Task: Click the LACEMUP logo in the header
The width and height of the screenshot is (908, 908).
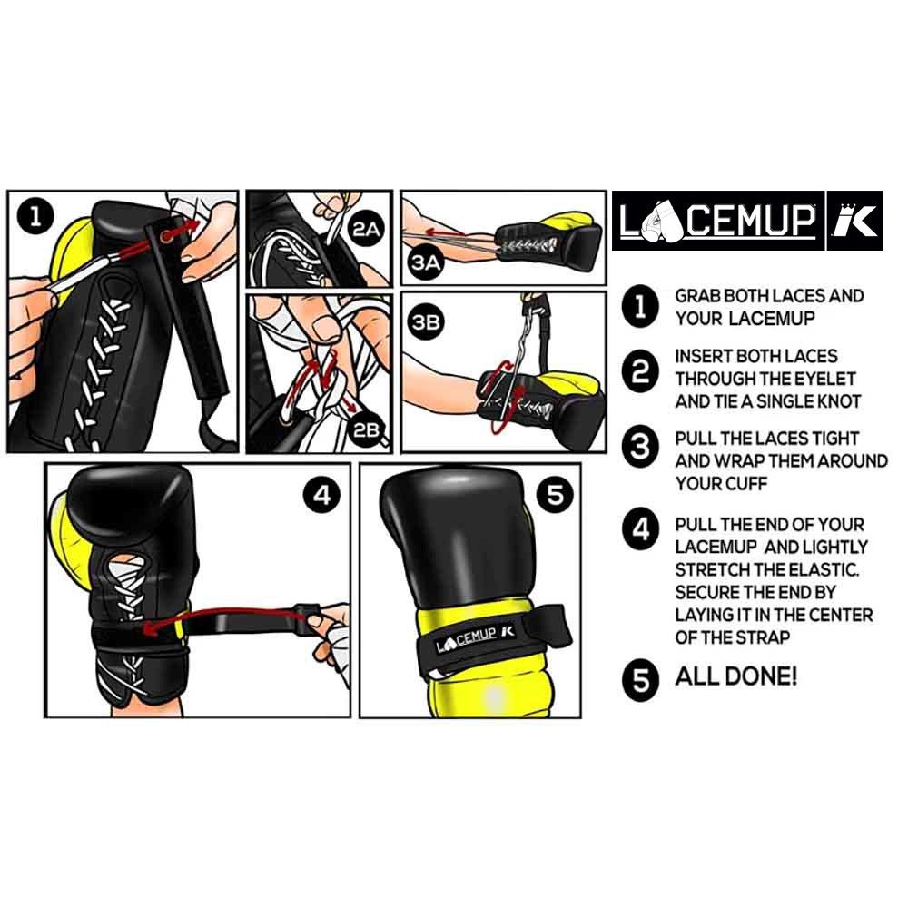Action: click(x=717, y=220)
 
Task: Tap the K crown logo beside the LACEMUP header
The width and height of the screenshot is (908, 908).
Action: click(x=854, y=220)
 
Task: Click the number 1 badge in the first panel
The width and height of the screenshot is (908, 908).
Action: click(x=34, y=216)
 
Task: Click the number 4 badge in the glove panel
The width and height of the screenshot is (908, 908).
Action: click(x=325, y=495)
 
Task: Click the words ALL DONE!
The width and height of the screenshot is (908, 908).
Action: click(x=736, y=676)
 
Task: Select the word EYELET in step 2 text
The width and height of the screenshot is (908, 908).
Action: click(x=826, y=378)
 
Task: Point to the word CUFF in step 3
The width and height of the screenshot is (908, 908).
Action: click(x=748, y=483)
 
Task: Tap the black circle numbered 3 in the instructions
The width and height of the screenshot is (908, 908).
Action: click(x=641, y=448)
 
